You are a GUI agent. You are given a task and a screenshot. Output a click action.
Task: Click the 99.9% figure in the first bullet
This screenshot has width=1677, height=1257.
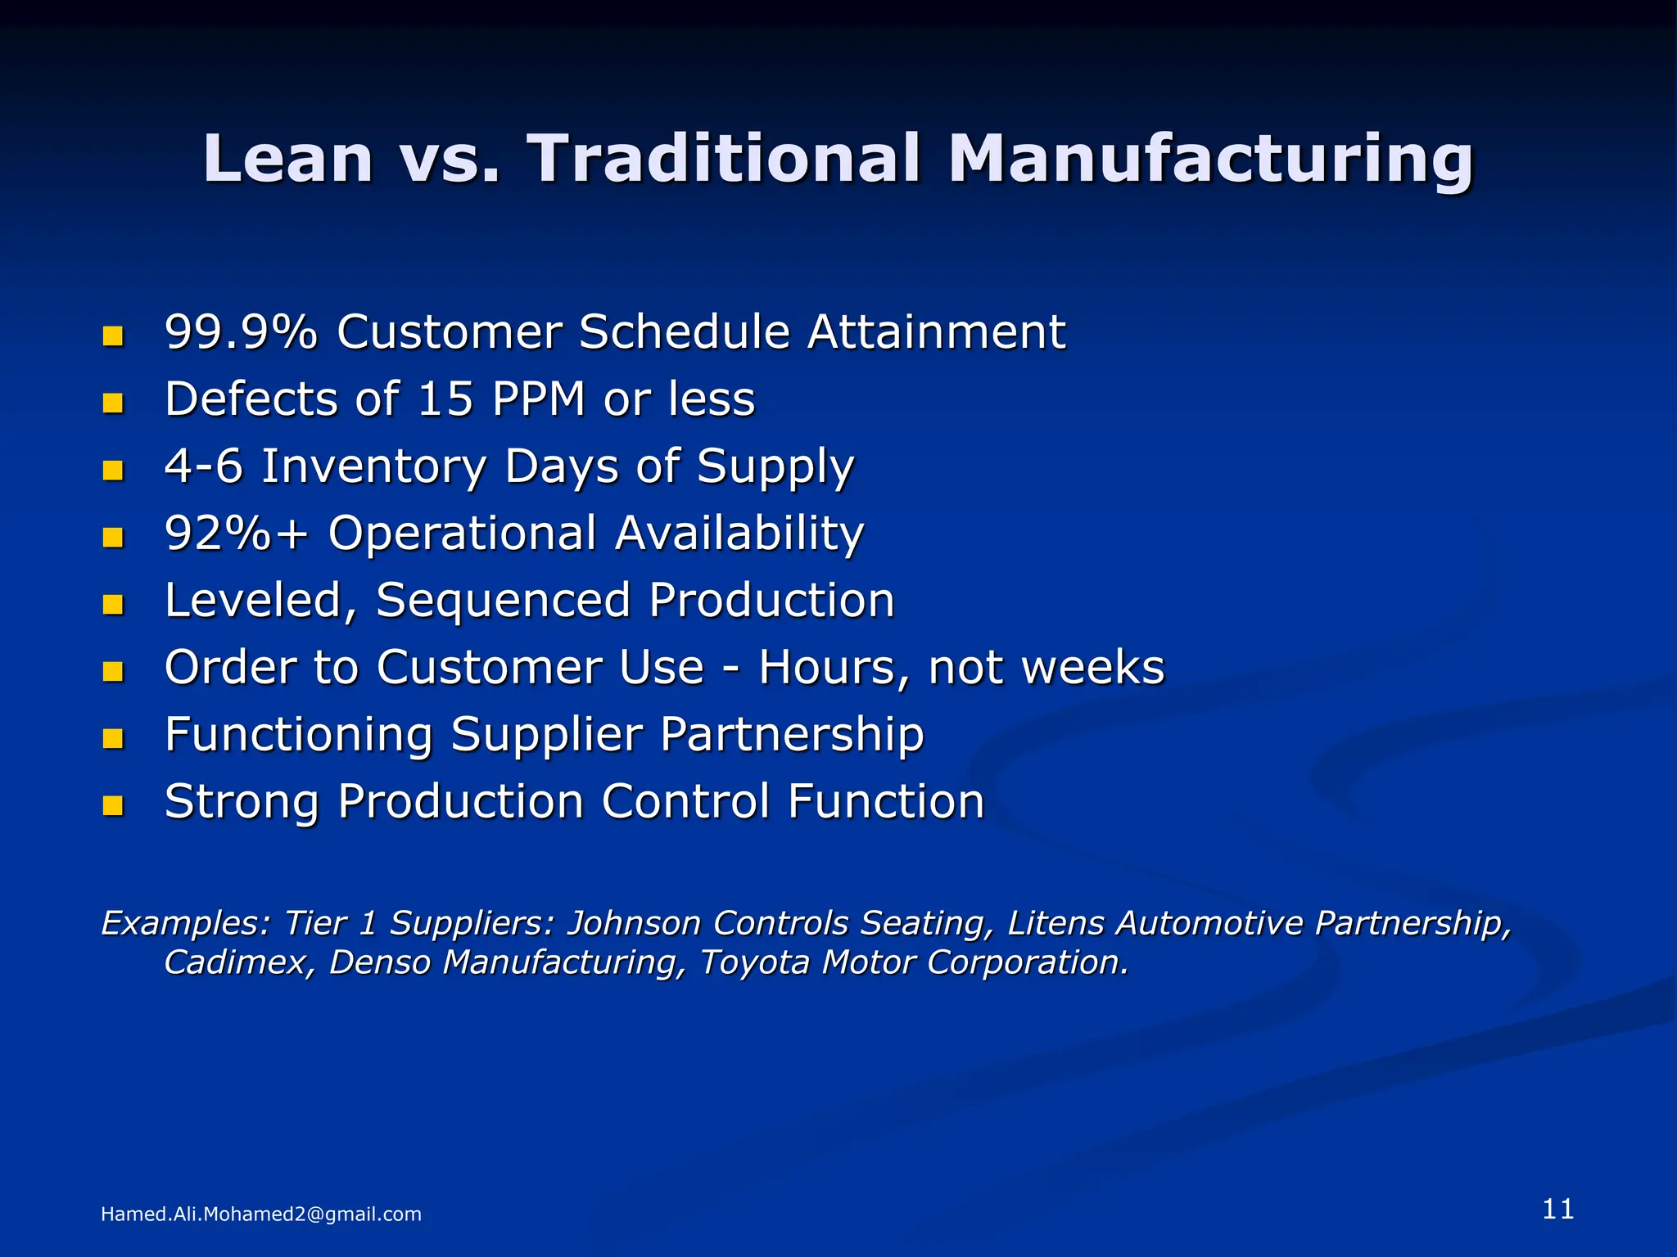(x=241, y=332)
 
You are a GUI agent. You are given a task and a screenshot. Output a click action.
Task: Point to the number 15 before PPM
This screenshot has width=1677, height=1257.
(x=445, y=399)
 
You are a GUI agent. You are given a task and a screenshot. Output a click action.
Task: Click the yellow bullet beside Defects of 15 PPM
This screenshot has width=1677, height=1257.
(x=113, y=403)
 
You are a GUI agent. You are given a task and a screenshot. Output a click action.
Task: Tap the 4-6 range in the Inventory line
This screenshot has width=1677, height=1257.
(x=204, y=466)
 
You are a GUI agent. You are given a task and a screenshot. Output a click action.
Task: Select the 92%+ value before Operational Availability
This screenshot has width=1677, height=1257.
(x=237, y=534)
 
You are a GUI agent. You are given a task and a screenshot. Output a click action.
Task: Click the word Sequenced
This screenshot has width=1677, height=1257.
(x=503, y=601)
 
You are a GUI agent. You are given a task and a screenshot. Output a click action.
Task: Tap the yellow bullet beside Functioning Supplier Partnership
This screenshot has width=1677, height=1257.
(x=113, y=738)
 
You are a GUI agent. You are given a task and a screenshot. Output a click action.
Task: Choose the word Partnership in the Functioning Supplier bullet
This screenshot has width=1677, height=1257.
(x=792, y=735)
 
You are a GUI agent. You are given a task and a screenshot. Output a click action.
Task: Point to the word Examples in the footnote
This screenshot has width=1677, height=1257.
(x=185, y=923)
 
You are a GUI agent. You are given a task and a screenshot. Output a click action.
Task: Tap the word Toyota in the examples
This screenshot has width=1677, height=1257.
(x=755, y=962)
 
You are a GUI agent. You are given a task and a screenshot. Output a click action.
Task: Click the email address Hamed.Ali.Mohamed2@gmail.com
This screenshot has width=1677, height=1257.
(x=260, y=1214)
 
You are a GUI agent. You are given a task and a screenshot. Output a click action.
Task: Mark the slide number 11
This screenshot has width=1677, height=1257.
(x=1557, y=1210)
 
